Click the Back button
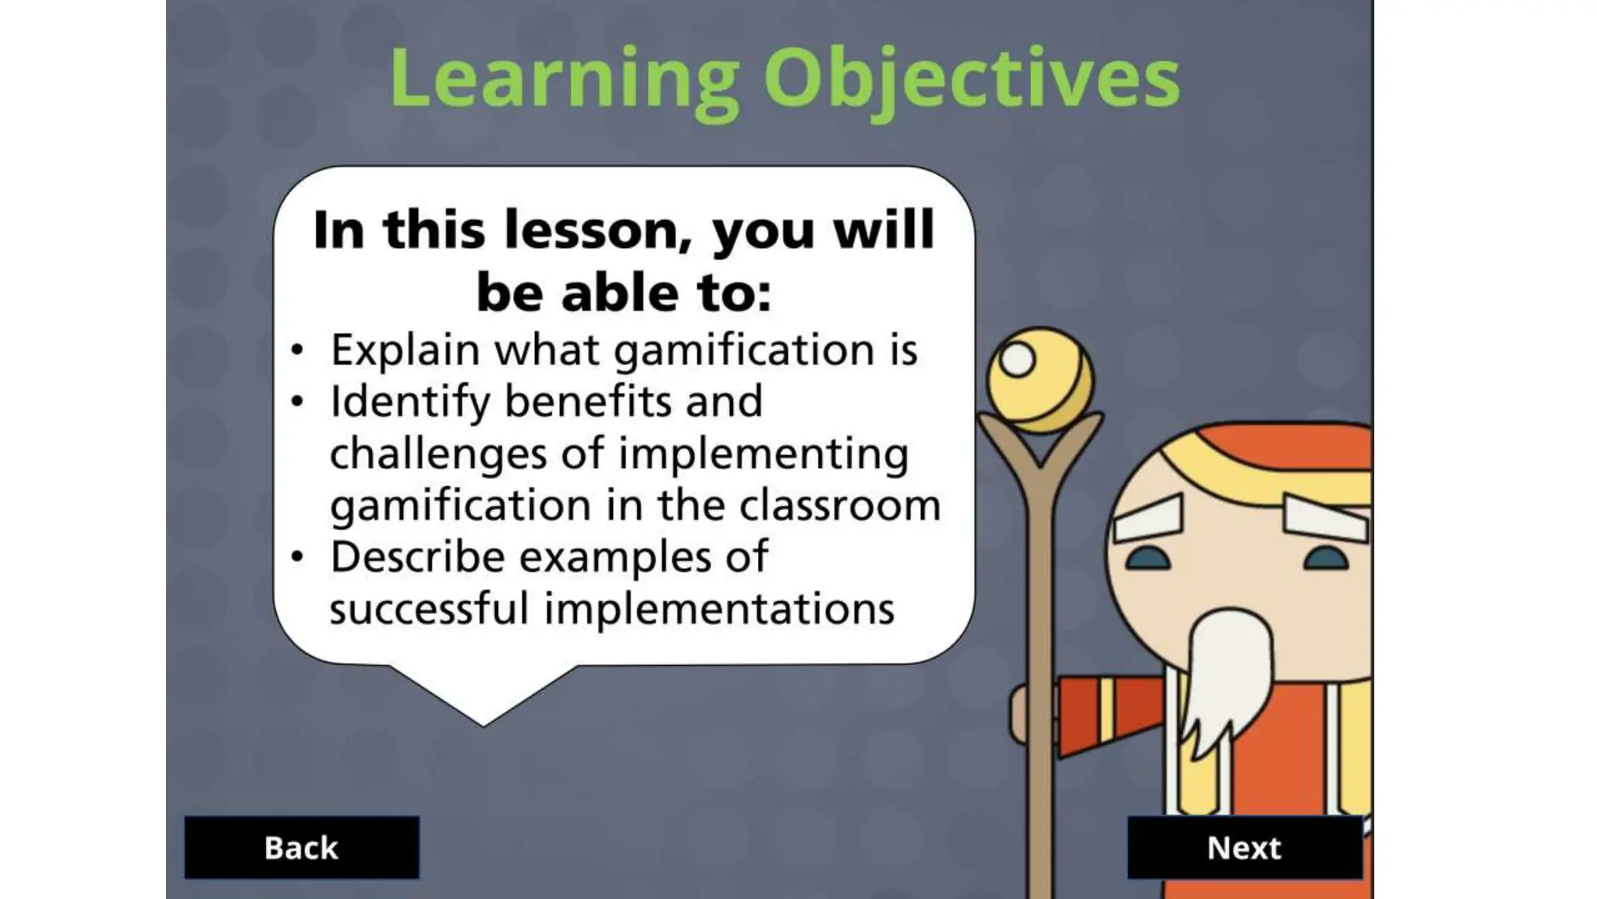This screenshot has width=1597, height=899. pyautogui.click(x=301, y=847)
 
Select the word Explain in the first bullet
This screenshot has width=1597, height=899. pyautogui.click(x=405, y=350)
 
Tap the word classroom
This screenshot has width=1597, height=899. pyautogui.click(x=840, y=505)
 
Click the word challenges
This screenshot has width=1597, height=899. pyautogui.click(x=437, y=454)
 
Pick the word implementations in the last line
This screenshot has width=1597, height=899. pyautogui.click(x=719, y=609)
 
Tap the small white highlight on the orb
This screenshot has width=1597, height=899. pyautogui.click(x=1018, y=360)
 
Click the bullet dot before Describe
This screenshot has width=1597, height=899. pyautogui.click(x=297, y=557)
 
